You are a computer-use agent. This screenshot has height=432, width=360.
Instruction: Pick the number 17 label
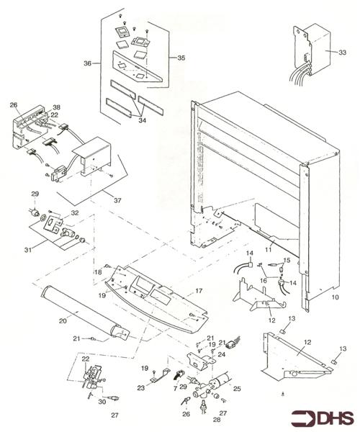[199, 292]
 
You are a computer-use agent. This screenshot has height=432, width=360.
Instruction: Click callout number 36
[87, 63]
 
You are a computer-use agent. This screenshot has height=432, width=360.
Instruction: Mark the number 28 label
[198, 420]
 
